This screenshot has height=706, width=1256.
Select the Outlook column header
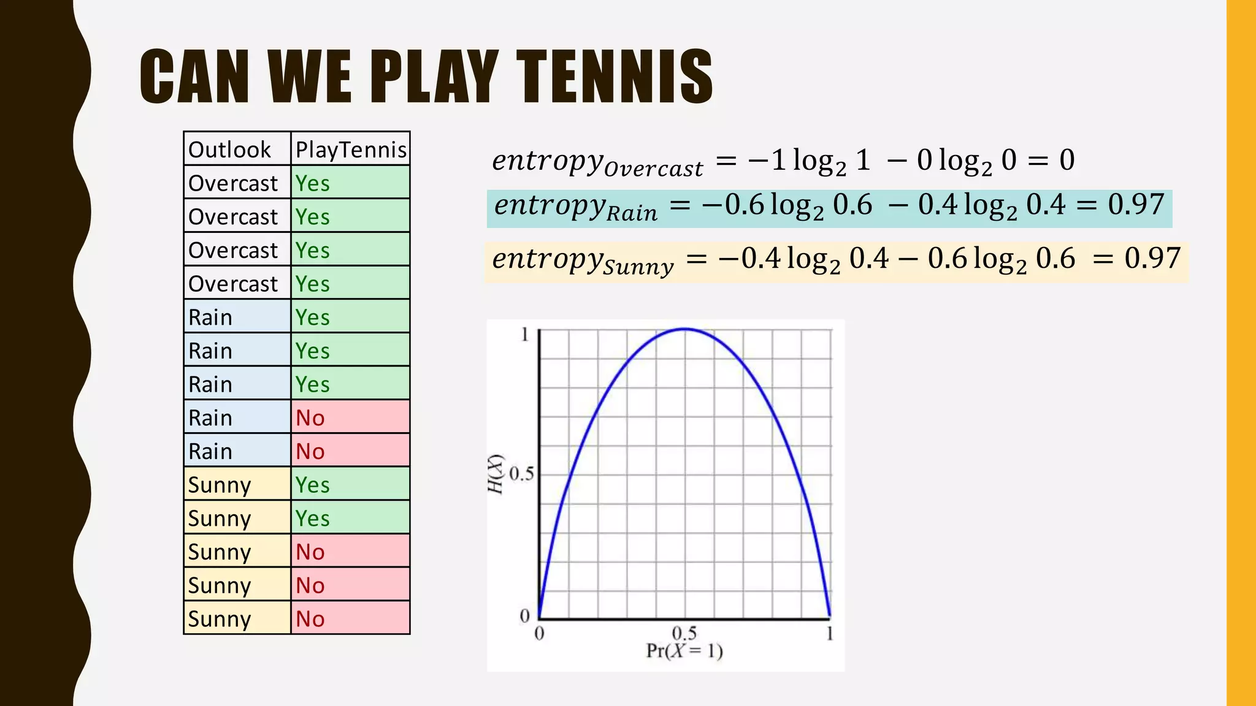[x=229, y=150]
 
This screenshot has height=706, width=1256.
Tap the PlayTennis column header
[x=351, y=150]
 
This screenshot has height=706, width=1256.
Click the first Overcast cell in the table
[x=233, y=183]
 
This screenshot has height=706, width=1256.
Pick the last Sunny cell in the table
[x=220, y=619]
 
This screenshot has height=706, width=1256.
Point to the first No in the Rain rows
[x=310, y=418]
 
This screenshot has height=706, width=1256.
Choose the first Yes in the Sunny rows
[x=313, y=485]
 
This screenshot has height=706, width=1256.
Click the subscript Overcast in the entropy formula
[x=653, y=169]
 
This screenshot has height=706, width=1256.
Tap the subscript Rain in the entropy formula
[x=632, y=213]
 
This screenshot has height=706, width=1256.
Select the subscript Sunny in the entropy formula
[x=638, y=267]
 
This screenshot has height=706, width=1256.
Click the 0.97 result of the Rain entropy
[x=1136, y=205]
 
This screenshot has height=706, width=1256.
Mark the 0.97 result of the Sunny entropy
[x=1152, y=258]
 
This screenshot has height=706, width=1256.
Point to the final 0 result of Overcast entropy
[x=1067, y=161]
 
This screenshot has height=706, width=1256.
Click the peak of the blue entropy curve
[x=685, y=329]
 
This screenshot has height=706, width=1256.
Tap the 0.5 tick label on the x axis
[x=684, y=633]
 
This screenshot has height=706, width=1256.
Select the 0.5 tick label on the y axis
[x=521, y=474]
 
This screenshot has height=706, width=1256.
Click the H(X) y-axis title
[x=496, y=474]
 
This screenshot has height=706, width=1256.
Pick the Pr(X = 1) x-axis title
[x=684, y=651]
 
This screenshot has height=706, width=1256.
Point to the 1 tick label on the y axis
[x=525, y=335]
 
